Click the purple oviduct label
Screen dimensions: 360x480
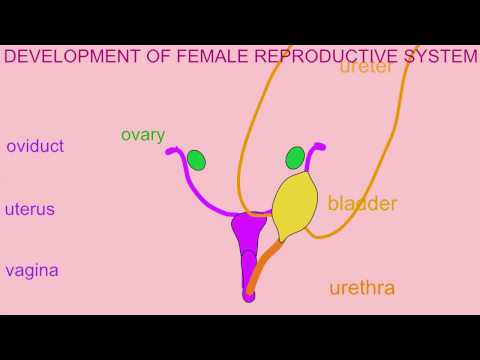point(35,147)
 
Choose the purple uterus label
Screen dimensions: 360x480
point(30,210)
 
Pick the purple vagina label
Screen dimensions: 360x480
point(32,270)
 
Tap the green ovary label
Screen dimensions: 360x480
point(142,134)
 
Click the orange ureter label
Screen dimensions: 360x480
point(366,68)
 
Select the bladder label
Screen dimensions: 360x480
point(362,204)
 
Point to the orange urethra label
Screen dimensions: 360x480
point(362,289)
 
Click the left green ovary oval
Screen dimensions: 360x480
point(196,160)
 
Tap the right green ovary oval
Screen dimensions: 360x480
point(295,158)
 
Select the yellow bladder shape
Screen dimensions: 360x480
point(294,205)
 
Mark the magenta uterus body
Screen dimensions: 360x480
point(248,232)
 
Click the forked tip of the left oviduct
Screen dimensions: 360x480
point(172,153)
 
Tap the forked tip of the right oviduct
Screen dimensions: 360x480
point(320,147)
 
